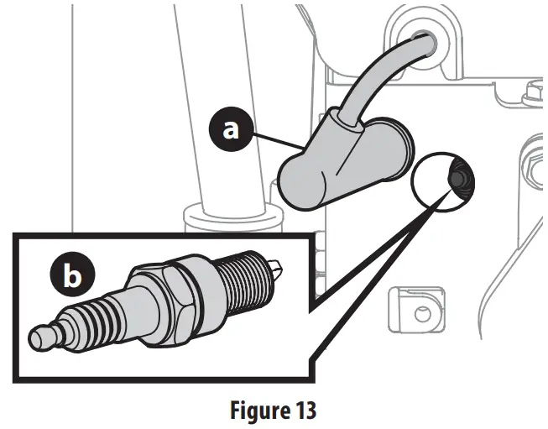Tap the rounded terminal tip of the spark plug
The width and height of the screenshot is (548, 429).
42,337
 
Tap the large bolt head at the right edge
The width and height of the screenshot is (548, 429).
535,156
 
